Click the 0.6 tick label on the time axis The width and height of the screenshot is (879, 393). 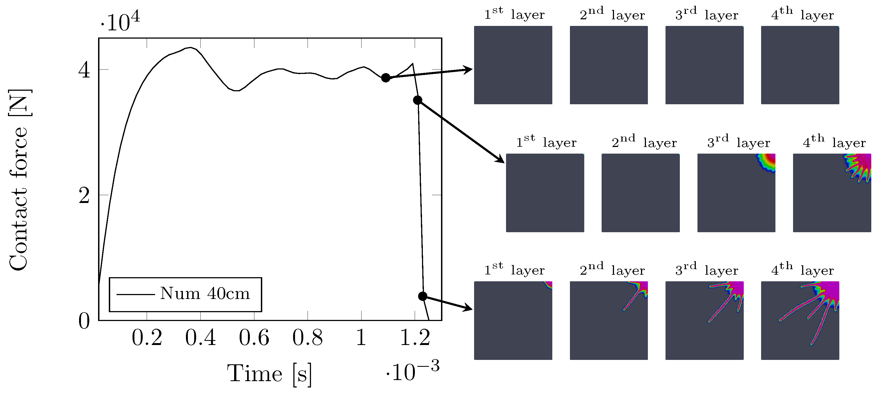(254, 338)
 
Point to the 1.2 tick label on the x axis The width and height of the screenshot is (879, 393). (415, 338)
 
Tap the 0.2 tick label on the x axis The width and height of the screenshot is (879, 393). (147, 338)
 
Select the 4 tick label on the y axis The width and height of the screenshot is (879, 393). (84, 70)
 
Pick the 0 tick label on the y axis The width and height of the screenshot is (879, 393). (84, 321)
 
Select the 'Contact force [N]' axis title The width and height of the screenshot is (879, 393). (19, 180)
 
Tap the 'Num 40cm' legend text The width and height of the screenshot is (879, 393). (205, 293)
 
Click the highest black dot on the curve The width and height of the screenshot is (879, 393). (386, 78)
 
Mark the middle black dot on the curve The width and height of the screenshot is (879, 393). (417, 100)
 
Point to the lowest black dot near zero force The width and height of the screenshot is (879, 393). (423, 296)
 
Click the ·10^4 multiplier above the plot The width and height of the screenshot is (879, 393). (120, 22)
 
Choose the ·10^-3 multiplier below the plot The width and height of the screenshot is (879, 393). (413, 370)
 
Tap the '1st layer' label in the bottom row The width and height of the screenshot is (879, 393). (514, 269)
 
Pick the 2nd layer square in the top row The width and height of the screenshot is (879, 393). (608, 65)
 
